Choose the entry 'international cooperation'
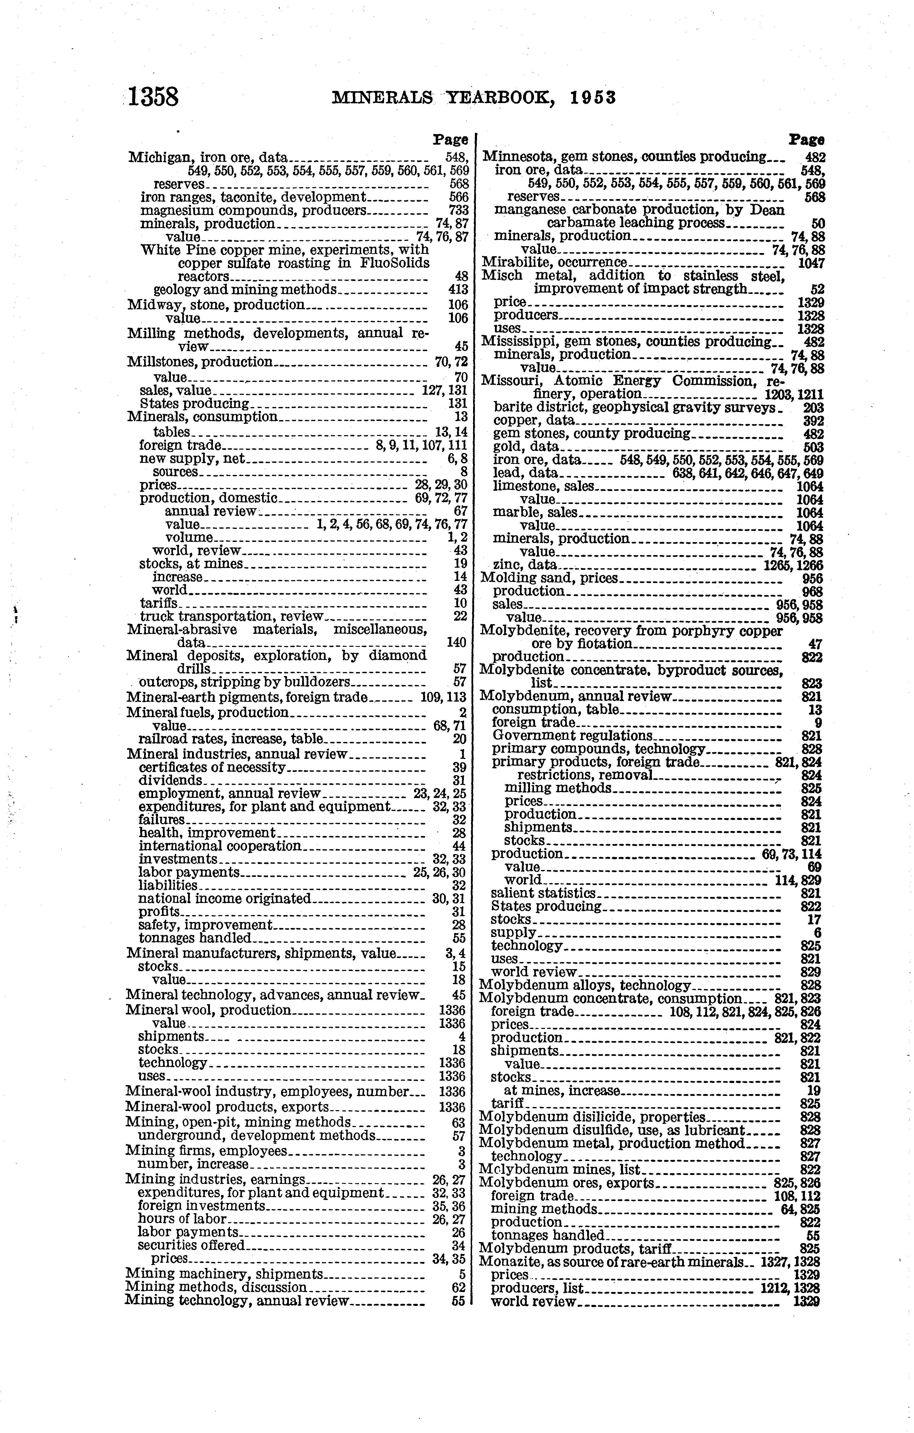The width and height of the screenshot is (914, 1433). pyautogui.click(x=220, y=846)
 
